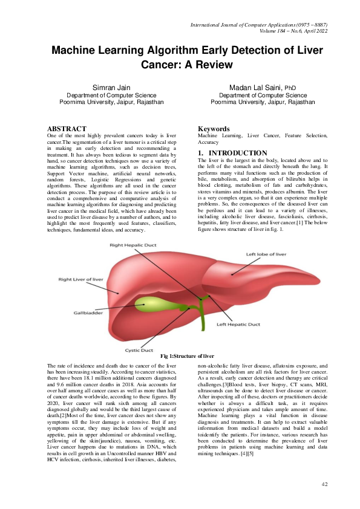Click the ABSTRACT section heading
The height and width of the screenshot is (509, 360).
pyautogui.click(x=68, y=129)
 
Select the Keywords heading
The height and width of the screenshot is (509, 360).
pyautogui.click(x=214, y=129)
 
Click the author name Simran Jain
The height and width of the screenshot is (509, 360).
pyautogui.click(x=111, y=88)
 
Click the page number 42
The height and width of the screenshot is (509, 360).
pyautogui.click(x=325, y=484)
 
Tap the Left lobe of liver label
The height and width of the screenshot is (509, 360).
pyautogui.click(x=268, y=271)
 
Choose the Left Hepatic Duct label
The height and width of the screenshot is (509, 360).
pyautogui.click(x=238, y=324)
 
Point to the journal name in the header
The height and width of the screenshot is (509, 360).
pyautogui.click(x=259, y=24)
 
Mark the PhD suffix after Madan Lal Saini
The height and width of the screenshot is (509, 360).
pyautogui.click(x=290, y=89)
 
